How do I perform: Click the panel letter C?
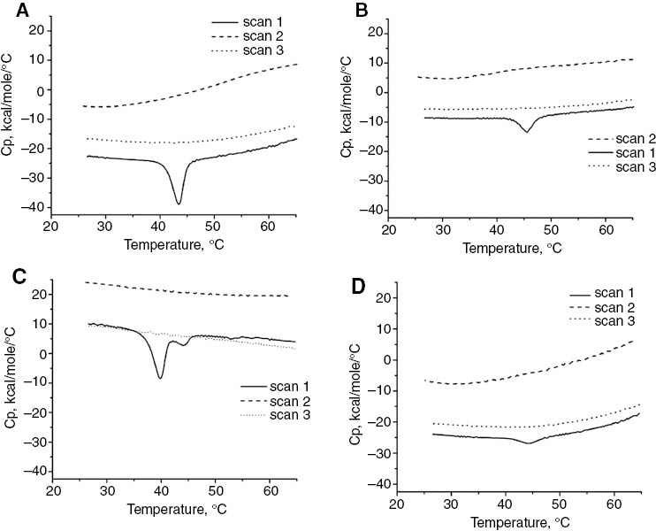coord(12,275)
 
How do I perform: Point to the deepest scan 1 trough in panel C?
coord(160,378)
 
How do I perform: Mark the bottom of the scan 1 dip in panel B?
coord(527,132)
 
